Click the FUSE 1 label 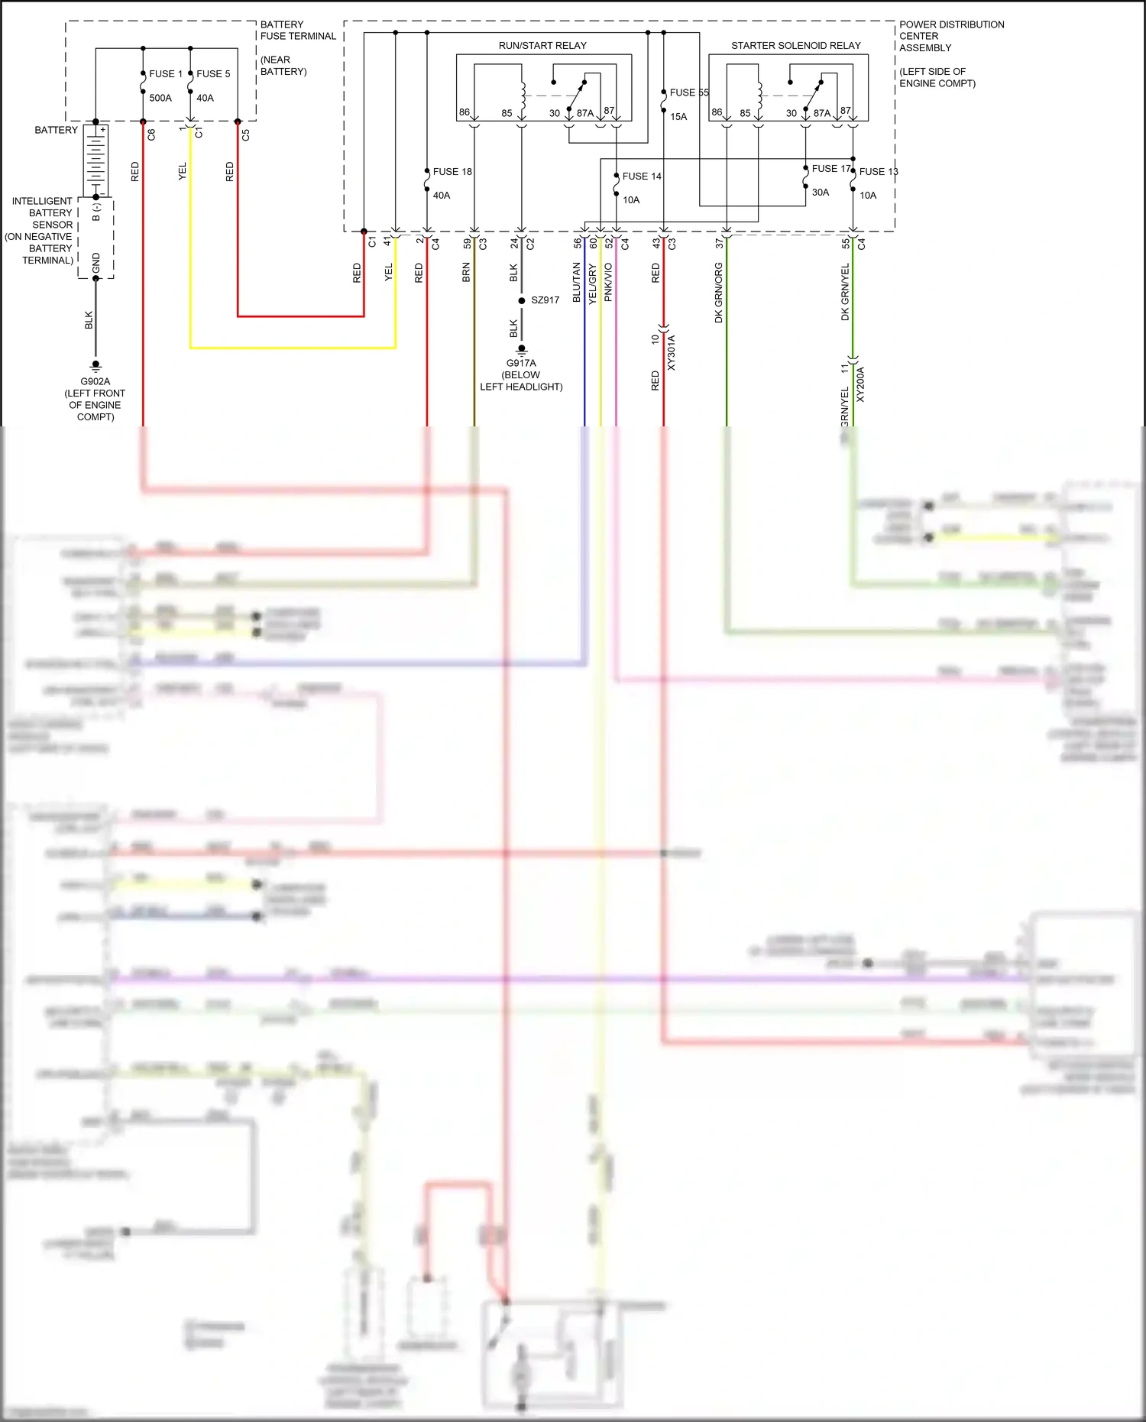(165, 74)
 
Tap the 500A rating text (160, 98)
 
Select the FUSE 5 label (213, 74)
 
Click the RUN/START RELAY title (542, 46)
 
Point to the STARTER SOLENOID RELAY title (795, 46)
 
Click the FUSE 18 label (452, 172)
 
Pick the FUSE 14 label (642, 177)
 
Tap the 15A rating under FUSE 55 (678, 117)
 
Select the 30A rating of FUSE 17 (821, 193)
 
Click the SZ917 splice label (545, 300)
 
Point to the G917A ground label (521, 364)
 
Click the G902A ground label (95, 382)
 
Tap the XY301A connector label (672, 352)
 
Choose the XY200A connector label (860, 384)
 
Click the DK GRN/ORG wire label (718, 293)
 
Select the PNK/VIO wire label (608, 283)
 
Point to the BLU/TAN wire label (577, 283)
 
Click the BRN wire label (466, 273)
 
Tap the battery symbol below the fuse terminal (95, 159)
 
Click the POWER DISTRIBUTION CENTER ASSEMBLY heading (951, 36)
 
